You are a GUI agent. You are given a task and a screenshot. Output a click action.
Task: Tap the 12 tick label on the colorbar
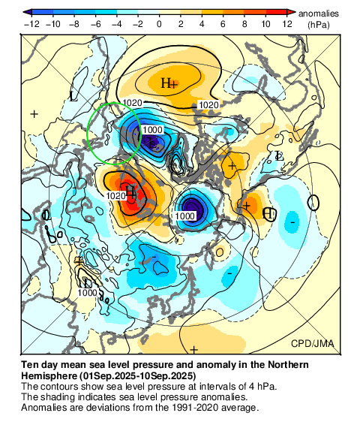(x=286, y=24)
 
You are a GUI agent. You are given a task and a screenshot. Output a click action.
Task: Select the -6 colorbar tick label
(x=96, y=24)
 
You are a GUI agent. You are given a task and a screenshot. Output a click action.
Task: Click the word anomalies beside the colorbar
(x=319, y=14)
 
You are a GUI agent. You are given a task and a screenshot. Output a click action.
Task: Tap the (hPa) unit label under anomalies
(x=319, y=24)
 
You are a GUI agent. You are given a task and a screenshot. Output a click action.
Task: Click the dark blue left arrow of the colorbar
(x=28, y=13)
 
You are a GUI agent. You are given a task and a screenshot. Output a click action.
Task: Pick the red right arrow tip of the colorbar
(x=291, y=13)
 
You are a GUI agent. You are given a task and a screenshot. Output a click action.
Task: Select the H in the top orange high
(x=166, y=83)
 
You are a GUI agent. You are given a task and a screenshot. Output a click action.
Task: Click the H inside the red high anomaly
(x=130, y=190)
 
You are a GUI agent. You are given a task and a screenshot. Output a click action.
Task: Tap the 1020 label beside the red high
(x=115, y=196)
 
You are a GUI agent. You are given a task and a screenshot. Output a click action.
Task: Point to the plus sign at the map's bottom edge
(x=193, y=350)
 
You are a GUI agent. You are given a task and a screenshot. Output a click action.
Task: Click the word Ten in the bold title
(x=30, y=364)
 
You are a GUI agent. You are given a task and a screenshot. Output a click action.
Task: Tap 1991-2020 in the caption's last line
(x=184, y=408)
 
